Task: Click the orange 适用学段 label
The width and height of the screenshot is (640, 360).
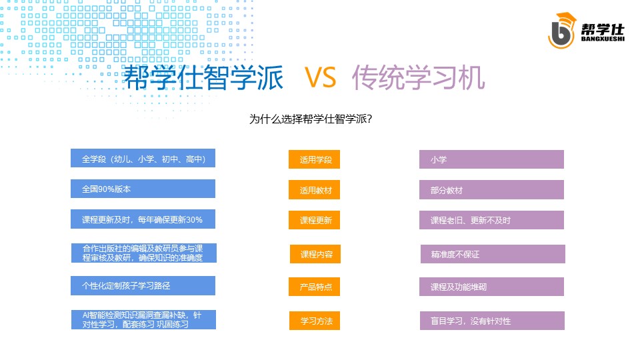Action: pyautogui.click(x=314, y=159)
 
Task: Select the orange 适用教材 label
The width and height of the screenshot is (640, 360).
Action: pyautogui.click(x=314, y=190)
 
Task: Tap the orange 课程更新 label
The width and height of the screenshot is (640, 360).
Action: pyautogui.click(x=314, y=220)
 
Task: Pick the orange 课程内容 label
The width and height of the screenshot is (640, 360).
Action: pyautogui.click(x=315, y=254)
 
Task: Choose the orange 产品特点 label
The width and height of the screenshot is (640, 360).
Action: pyautogui.click(x=314, y=287)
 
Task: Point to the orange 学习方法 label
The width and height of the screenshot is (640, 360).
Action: pyautogui.click(x=315, y=321)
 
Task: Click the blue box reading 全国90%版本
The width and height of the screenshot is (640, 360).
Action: pyautogui.click(x=143, y=189)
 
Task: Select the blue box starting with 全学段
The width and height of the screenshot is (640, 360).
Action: pyautogui.click(x=143, y=158)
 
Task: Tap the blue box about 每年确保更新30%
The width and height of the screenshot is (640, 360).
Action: pyautogui.click(x=143, y=219)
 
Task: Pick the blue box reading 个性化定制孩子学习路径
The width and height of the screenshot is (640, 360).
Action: pyautogui.click(x=143, y=285)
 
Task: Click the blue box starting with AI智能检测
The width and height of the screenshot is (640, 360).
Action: pyautogui.click(x=144, y=319)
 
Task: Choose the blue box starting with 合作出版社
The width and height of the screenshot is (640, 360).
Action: pyautogui.click(x=144, y=253)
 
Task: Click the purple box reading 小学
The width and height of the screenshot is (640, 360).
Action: pyautogui.click(x=491, y=159)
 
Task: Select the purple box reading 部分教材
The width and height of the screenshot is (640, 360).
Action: pyautogui.click(x=491, y=190)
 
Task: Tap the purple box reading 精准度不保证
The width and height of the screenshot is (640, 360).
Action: pyautogui.click(x=493, y=254)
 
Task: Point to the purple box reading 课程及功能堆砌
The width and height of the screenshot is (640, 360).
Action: pyautogui.click(x=491, y=287)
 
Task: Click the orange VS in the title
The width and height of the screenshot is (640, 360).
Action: pyautogui.click(x=321, y=77)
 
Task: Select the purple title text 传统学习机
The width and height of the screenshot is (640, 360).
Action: pyautogui.click(x=419, y=77)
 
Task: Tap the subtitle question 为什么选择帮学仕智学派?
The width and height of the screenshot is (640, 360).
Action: pyautogui.click(x=311, y=119)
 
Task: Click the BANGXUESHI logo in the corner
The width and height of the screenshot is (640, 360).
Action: pyautogui.click(x=586, y=31)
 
